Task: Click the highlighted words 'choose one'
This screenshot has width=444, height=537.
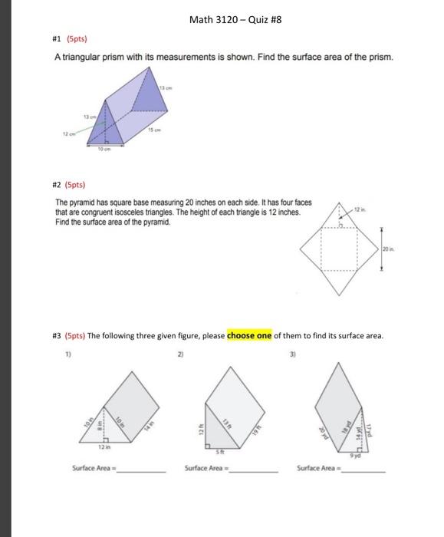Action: point(248,336)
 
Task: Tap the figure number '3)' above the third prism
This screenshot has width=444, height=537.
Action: point(291,354)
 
